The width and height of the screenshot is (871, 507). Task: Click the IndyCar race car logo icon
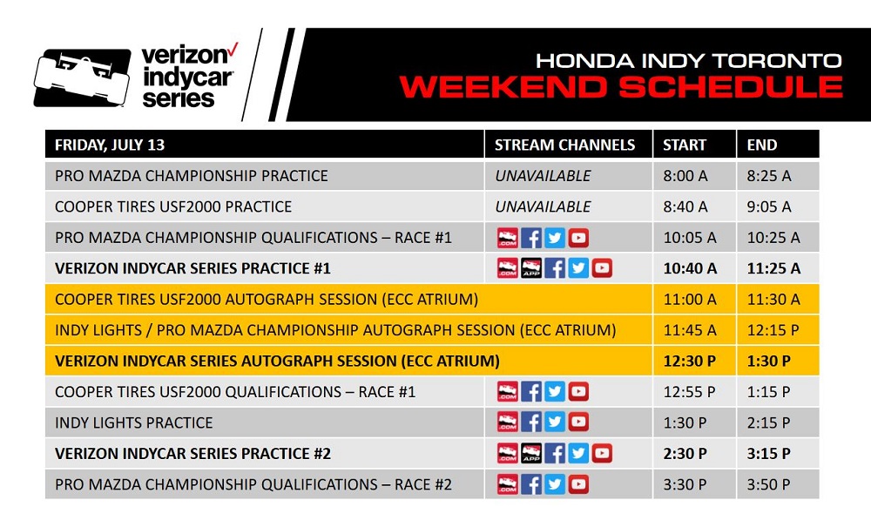pyautogui.click(x=82, y=78)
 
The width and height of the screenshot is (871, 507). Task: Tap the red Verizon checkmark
pyautogui.click(x=233, y=50)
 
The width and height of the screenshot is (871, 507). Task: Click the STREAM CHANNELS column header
pyautogui.click(x=564, y=145)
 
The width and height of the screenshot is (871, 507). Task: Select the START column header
pyautogui.click(x=684, y=145)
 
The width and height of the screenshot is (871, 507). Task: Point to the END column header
pyautogui.click(x=761, y=145)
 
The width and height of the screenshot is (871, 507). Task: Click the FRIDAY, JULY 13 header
pyautogui.click(x=110, y=145)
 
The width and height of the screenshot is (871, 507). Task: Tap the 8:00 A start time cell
pyautogui.click(x=685, y=176)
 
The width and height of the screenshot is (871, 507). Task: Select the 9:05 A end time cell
pyautogui.click(x=769, y=206)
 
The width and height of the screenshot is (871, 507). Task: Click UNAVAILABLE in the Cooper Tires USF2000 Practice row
pyautogui.click(x=543, y=206)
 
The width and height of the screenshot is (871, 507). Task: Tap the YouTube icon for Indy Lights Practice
pyautogui.click(x=578, y=422)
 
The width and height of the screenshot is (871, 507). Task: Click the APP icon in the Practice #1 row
pyautogui.click(x=531, y=268)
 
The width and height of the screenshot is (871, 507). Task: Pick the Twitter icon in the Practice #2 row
pyautogui.click(x=578, y=453)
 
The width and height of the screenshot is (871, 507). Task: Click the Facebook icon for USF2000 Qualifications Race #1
pyautogui.click(x=531, y=391)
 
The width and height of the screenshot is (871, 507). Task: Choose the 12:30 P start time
pyautogui.click(x=689, y=361)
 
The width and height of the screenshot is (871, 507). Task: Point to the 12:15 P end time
pyautogui.click(x=773, y=330)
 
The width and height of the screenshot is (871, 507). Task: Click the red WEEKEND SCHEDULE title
pyautogui.click(x=621, y=86)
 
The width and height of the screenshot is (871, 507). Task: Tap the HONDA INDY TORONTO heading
pyautogui.click(x=689, y=60)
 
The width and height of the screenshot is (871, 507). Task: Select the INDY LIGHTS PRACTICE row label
pyautogui.click(x=133, y=422)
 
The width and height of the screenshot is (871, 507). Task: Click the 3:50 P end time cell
pyautogui.click(x=768, y=484)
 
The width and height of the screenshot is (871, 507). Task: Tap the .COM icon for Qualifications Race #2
pyautogui.click(x=507, y=484)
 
